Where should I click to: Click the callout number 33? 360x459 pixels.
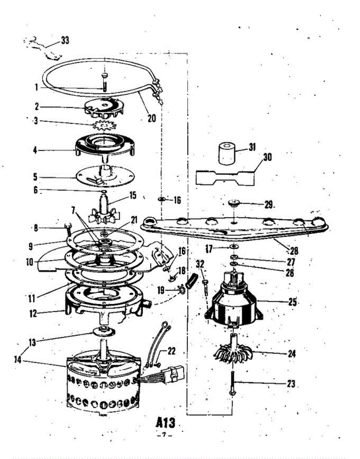coord(65,40)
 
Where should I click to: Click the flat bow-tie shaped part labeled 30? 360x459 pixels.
coord(225,178)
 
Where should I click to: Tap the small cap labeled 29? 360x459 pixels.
coord(234,203)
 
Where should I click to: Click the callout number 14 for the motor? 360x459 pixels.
coord(18,360)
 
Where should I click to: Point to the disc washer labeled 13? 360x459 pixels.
coord(103,331)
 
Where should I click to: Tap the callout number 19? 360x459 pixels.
coord(161,290)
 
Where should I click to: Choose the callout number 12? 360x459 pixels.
coord(33,314)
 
